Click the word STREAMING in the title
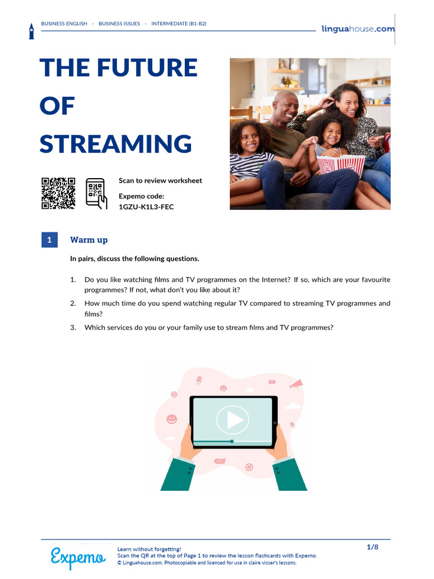pos(116,144)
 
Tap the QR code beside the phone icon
pos(58,193)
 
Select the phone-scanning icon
pos(96,193)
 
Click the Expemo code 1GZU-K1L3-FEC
pos(146,207)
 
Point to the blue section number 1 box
pos(49,240)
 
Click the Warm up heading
pos(89,240)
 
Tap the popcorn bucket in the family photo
pos(341,165)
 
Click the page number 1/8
pos(372,547)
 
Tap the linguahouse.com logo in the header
pos(358,29)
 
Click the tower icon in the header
pos(32,31)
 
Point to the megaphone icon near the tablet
pos(296,384)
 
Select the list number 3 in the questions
pos(73,327)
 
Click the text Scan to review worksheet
pos(160,180)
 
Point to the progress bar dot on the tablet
pos(232,441)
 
